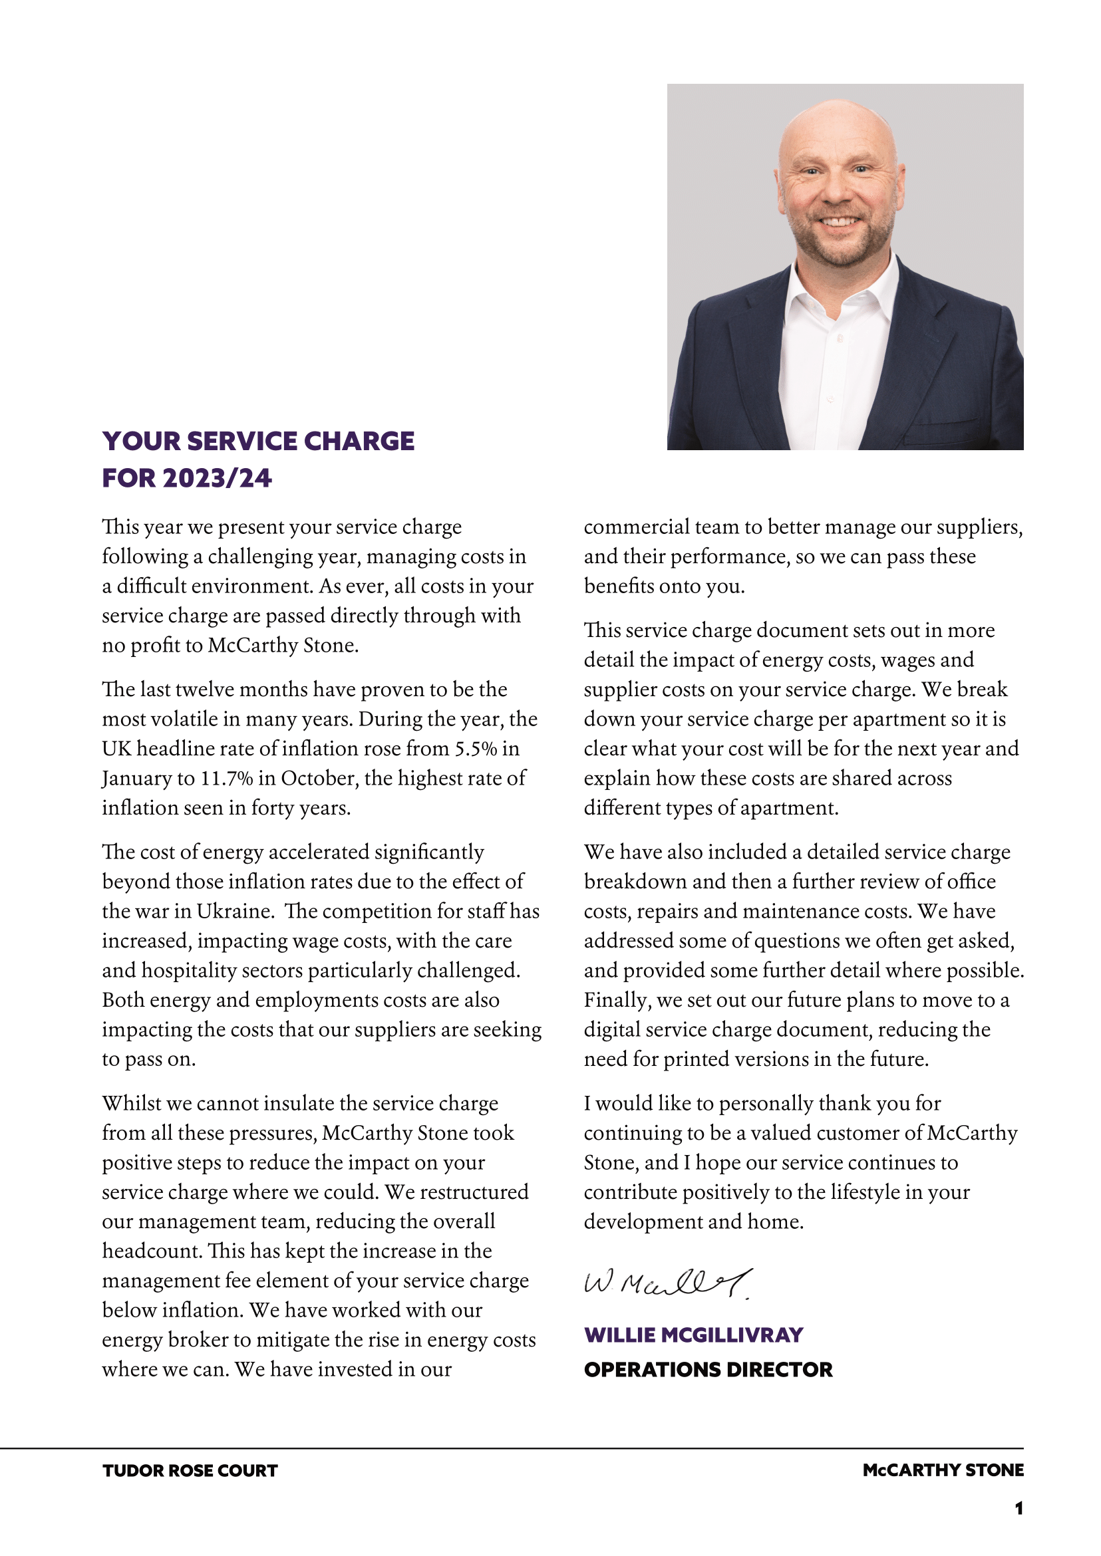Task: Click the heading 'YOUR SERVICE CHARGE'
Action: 258,441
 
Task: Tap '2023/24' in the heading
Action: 217,479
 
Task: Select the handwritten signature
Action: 668,1283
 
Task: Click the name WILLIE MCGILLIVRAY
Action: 694,1335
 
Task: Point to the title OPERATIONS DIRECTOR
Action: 708,1370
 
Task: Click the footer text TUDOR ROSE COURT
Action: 190,1471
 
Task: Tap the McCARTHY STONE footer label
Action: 943,1470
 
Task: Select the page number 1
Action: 1019,1509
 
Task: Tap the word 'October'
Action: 319,778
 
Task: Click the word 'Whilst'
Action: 132,1103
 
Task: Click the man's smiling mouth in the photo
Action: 841,221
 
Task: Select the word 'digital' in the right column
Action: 610,1029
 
